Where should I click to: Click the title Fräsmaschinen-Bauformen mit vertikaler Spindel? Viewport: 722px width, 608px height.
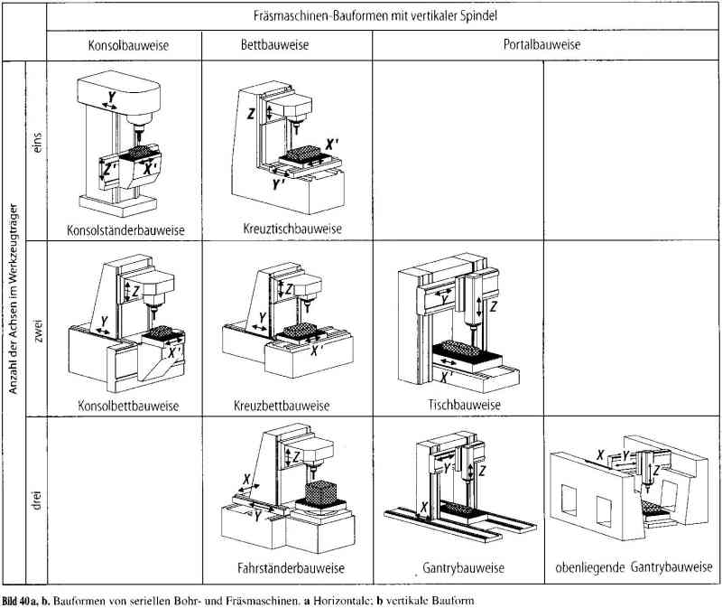384,15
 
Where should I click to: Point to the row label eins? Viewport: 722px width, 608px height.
37,145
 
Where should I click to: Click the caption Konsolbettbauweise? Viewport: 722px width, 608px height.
127,406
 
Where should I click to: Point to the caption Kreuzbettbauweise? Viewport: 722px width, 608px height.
281,406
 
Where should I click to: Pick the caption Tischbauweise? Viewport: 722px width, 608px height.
463,406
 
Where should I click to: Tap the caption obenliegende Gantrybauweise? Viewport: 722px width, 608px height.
628,569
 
